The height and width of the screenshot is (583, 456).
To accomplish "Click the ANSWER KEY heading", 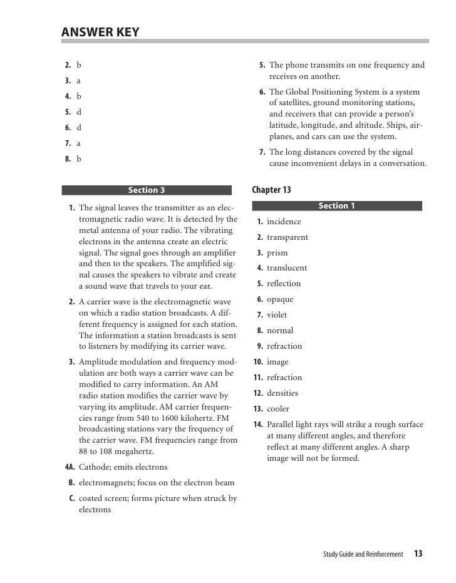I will pos(100,32).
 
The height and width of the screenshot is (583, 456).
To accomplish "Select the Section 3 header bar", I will pos(147,190).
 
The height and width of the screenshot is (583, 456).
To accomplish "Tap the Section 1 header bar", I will pos(336,206).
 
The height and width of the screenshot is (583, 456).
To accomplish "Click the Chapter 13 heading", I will pos(271,190).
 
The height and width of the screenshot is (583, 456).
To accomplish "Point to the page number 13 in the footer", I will pos(418,554).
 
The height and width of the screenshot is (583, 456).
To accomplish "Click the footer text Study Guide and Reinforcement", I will pos(363,554).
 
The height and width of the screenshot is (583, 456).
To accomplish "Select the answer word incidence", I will pos(284,222).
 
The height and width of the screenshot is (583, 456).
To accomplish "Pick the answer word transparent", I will pos(288,237).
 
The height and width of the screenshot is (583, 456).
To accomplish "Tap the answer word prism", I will pos(277,253).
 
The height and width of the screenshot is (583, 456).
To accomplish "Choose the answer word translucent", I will pos(287,268).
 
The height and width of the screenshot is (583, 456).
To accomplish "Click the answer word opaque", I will pos(280,299).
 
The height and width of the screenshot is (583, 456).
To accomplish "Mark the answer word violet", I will pos(277,315).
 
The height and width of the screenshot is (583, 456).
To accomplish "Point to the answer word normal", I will pos(280,331).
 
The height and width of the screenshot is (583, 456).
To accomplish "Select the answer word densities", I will pos(282,393).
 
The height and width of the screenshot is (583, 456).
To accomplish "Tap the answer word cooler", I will pos(278,409).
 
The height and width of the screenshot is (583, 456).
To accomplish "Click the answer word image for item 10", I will pos(277,362).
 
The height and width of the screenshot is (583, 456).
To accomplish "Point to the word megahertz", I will pos(131,451).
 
